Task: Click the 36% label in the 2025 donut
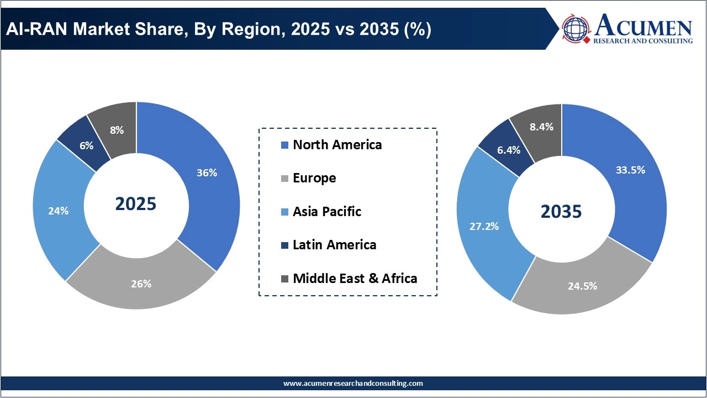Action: pyautogui.click(x=207, y=172)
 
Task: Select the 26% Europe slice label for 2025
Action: pyautogui.click(x=141, y=284)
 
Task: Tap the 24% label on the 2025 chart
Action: pyautogui.click(x=58, y=211)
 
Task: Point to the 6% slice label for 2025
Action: pyautogui.click(x=86, y=145)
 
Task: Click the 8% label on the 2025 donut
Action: pyautogui.click(x=117, y=130)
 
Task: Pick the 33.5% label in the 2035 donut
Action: pyautogui.click(x=630, y=170)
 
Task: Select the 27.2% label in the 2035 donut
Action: pyautogui.click(x=484, y=226)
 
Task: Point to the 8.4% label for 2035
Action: pyautogui.click(x=541, y=127)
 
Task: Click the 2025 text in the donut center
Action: pyautogui.click(x=136, y=204)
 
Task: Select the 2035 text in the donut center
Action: pyautogui.click(x=561, y=211)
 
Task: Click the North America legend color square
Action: pyautogui.click(x=284, y=145)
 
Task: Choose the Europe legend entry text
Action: pyautogui.click(x=314, y=178)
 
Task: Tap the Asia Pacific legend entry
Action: pyautogui.click(x=327, y=211)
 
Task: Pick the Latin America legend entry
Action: pyautogui.click(x=334, y=244)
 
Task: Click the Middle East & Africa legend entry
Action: pyautogui.click(x=355, y=278)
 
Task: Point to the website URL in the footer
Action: pyautogui.click(x=353, y=383)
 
